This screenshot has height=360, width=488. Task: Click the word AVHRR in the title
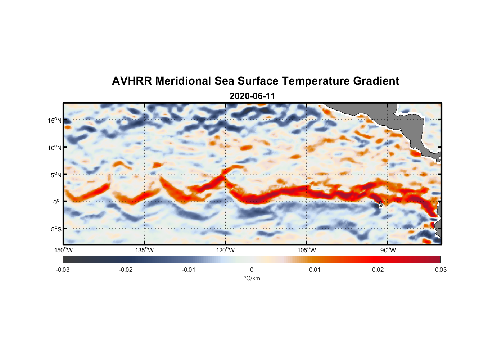132,81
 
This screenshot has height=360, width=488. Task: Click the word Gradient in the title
376,81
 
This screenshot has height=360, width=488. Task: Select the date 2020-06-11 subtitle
252,96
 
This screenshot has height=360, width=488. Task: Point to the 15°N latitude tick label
55,120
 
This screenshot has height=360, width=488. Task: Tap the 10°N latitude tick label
55,148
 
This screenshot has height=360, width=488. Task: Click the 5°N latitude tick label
56,175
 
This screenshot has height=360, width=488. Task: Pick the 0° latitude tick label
57,202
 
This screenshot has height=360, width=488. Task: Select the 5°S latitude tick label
56,229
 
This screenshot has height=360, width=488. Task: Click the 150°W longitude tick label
63,250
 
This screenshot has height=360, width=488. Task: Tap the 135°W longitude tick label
145,250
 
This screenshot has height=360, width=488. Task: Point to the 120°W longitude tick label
226,250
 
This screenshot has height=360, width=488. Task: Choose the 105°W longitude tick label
307,250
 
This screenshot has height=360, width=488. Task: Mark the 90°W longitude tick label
388,250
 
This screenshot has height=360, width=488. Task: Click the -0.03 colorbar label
63,270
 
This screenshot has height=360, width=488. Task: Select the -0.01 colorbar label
189,270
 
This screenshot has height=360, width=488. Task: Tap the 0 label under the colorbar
252,270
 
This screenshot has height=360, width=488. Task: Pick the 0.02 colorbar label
378,270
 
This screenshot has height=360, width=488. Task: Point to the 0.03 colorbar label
440,270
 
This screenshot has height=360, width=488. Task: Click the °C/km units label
252,278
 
